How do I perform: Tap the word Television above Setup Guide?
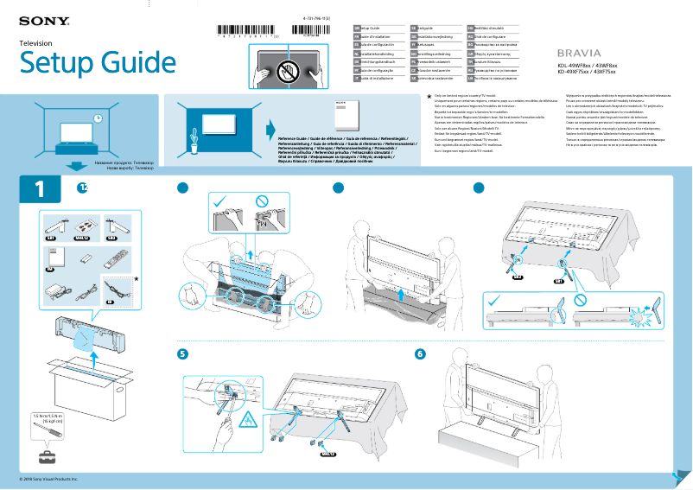point(36,42)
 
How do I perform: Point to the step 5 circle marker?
point(182,353)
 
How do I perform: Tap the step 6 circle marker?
point(420,353)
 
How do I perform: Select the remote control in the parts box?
point(112,258)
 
